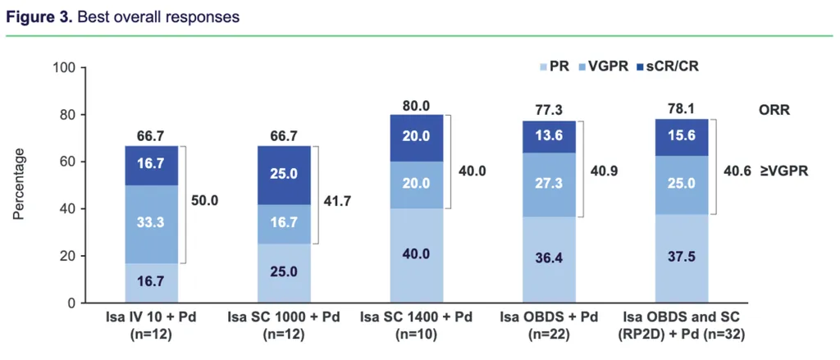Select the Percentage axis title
pos(19,185)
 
